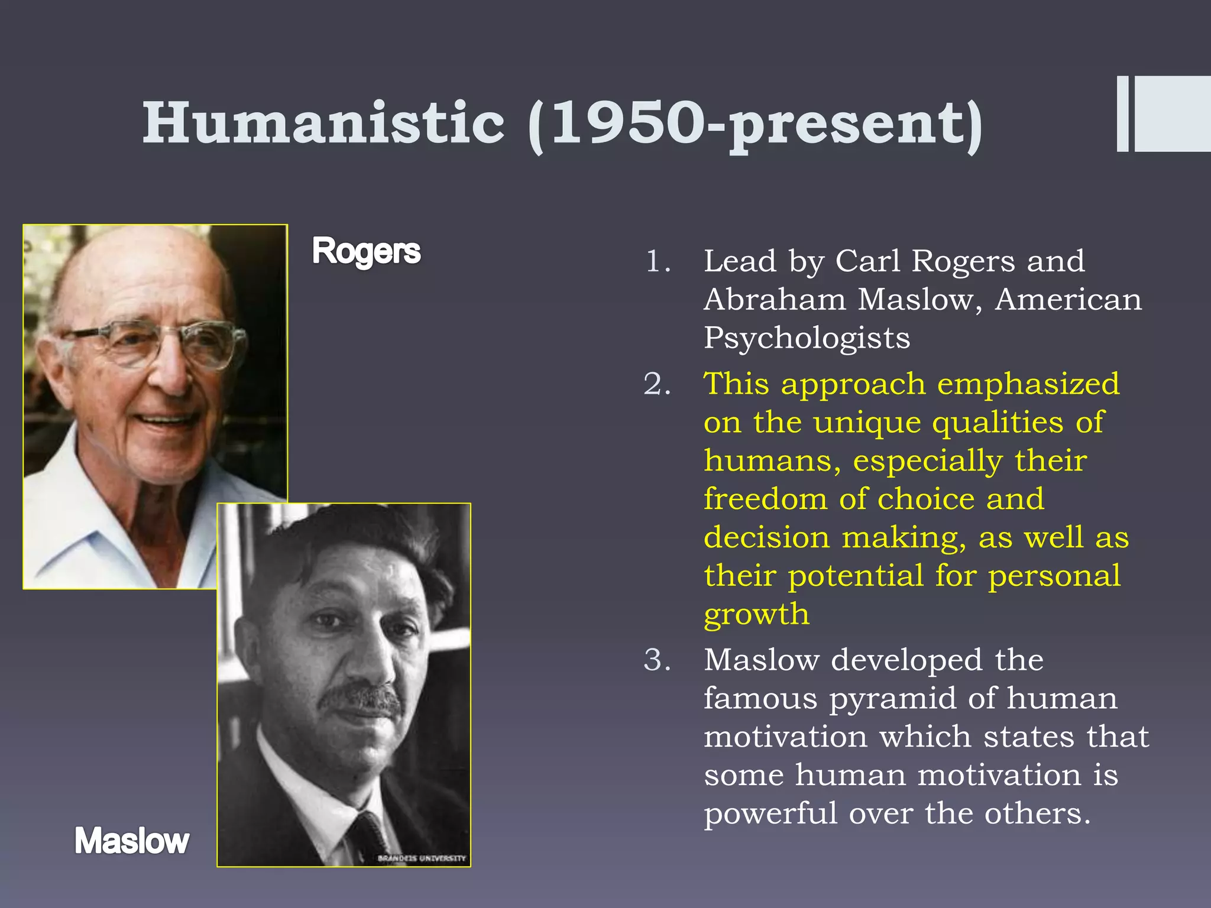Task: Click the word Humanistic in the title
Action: [323, 122]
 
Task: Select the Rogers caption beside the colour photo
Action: [366, 251]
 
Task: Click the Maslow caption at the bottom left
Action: [131, 841]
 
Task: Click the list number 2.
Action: [657, 384]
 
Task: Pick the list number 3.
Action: [657, 660]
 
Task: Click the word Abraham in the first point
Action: [773, 299]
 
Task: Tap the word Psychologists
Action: [807, 338]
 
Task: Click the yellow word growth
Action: [756, 615]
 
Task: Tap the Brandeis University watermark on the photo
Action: [422, 858]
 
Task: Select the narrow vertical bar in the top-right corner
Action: [1122, 113]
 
